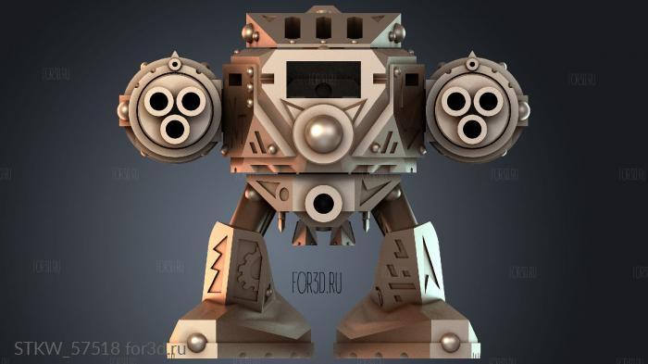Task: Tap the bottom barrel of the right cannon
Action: (x=472, y=129)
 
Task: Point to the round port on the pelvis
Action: (x=324, y=201)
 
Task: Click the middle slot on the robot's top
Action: (x=323, y=28)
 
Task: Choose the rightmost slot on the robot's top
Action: (x=354, y=28)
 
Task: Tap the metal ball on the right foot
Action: (x=451, y=343)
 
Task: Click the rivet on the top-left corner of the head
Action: (x=247, y=33)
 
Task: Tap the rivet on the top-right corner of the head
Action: (x=399, y=33)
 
